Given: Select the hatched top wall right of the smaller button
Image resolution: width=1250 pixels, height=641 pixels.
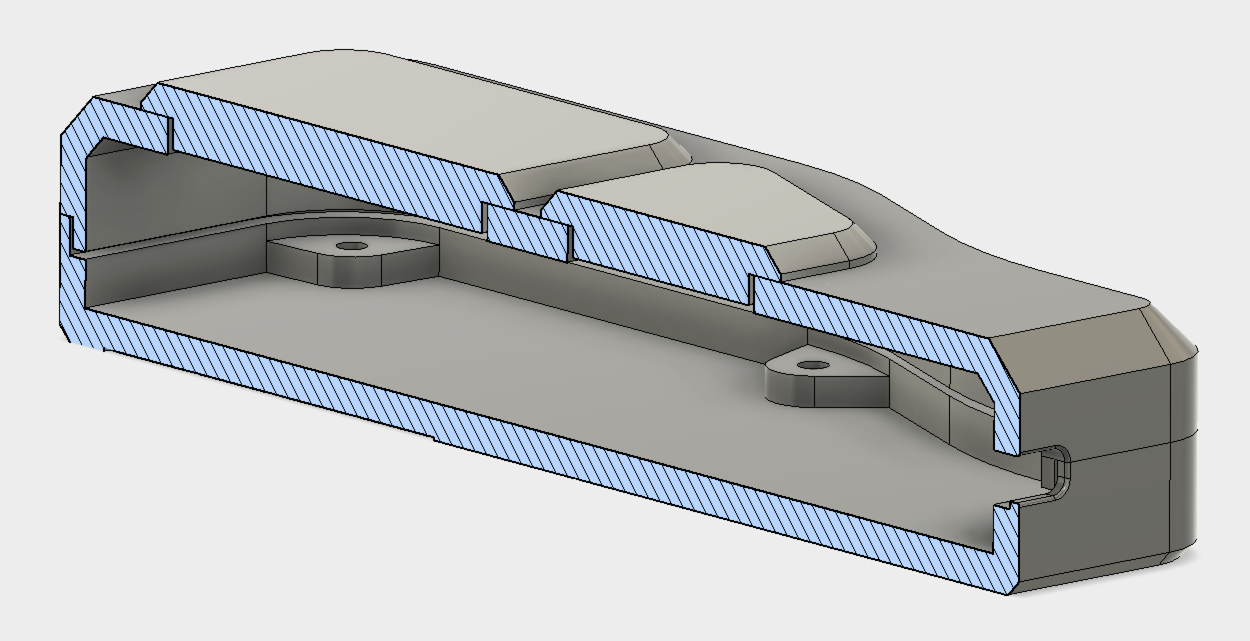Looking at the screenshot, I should [x=875, y=325].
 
